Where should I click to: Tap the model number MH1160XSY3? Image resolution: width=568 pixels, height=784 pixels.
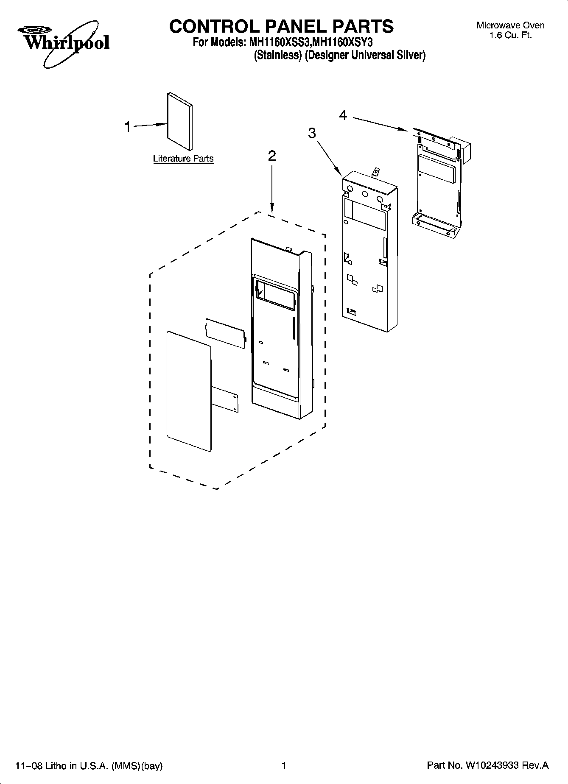pos(342,43)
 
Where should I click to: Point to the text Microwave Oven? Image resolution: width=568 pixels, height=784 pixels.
pos(510,25)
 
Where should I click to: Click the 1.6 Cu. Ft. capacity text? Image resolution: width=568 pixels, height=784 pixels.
pos(510,36)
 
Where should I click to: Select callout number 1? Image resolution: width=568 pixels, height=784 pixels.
pos(128,126)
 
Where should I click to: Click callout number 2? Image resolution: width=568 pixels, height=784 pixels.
pos(272,156)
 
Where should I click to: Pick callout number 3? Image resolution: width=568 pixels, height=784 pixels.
pos(312,133)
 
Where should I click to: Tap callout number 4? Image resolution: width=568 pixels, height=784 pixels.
pos(343,114)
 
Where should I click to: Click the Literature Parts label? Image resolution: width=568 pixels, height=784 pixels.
pos(183,159)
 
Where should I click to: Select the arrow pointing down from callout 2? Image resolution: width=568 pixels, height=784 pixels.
pos(272,189)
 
